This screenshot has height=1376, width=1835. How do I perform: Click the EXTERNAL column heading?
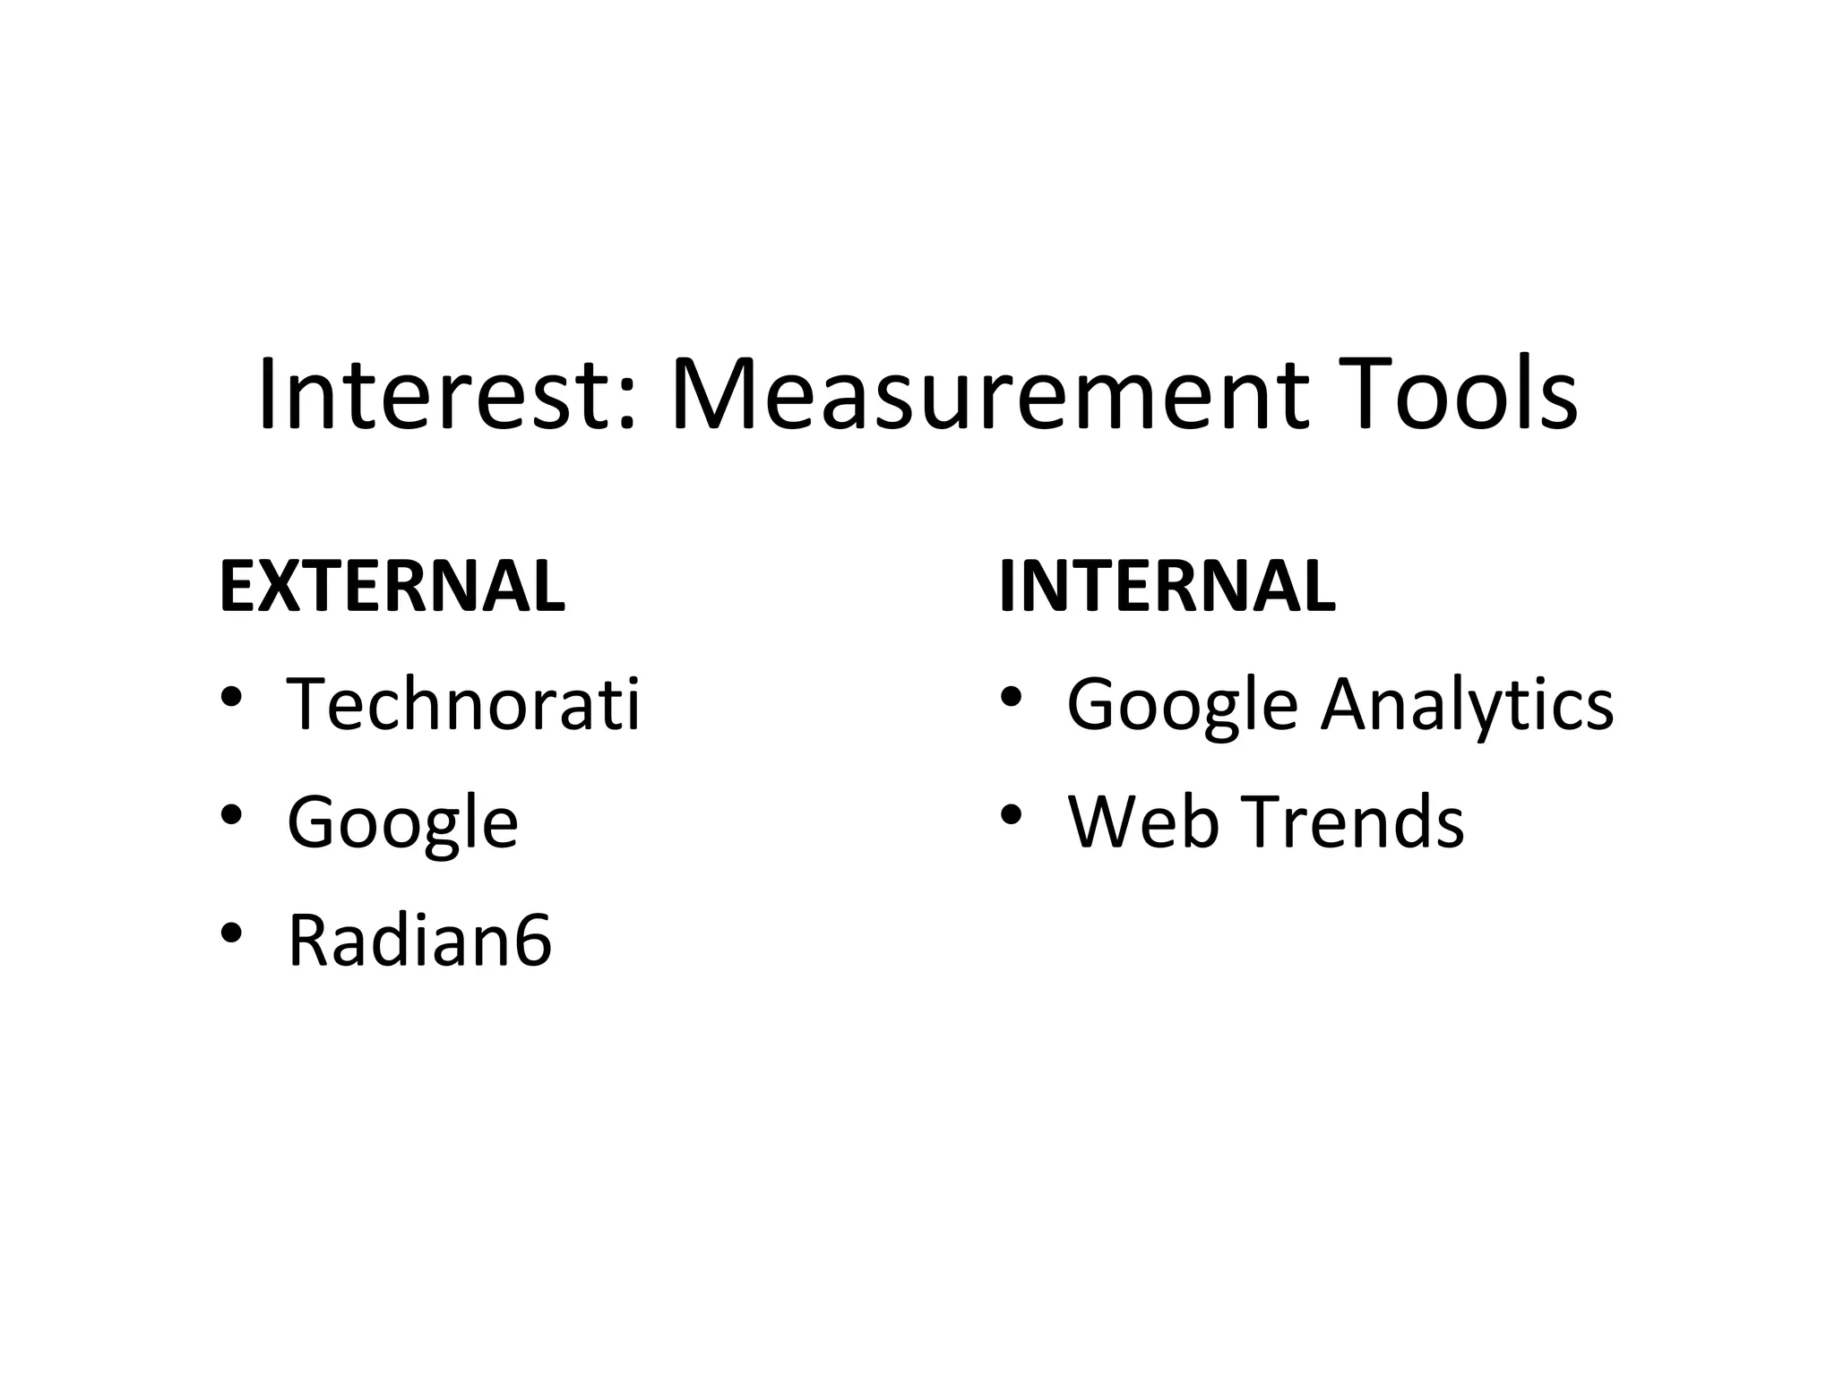click(392, 587)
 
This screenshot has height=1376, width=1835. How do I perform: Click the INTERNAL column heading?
click(1167, 587)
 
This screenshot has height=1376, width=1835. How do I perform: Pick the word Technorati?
click(463, 704)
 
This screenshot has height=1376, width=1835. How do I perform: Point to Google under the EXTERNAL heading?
click(402, 822)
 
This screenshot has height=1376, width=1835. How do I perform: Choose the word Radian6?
click(419, 941)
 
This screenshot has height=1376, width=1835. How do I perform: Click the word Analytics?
click(1467, 704)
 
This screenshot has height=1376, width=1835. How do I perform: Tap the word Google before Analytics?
click(1182, 704)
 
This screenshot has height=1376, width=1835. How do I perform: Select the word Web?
click(1142, 822)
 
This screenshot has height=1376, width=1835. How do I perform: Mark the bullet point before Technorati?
click(230, 697)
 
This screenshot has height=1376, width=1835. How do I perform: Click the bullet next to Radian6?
click(230, 933)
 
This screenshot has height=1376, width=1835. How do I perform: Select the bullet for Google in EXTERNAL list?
click(230, 815)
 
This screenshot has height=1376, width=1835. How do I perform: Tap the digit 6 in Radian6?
click(532, 941)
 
